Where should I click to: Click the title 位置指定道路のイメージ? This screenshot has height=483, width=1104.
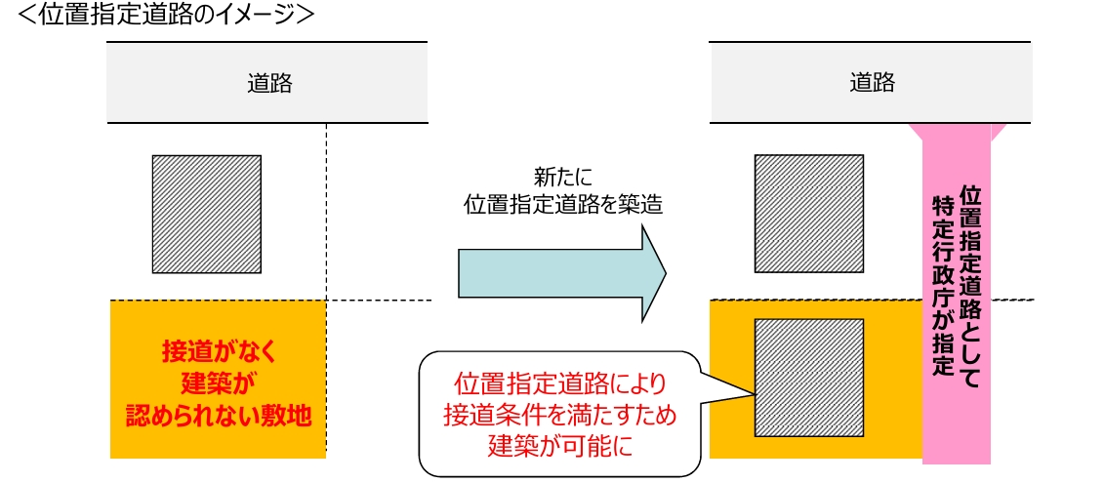162,17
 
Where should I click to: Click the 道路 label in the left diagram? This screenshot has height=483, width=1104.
268,83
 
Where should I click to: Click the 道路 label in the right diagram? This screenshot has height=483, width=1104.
871,83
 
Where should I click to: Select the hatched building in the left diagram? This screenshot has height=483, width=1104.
206,214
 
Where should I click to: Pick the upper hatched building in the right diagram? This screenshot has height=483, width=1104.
808,214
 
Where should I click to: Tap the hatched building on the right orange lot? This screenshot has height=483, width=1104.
808,377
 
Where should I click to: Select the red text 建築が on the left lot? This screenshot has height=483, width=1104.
217,382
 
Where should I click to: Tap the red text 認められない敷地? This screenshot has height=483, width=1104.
218,417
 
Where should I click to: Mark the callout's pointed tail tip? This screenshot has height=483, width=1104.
753,393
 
